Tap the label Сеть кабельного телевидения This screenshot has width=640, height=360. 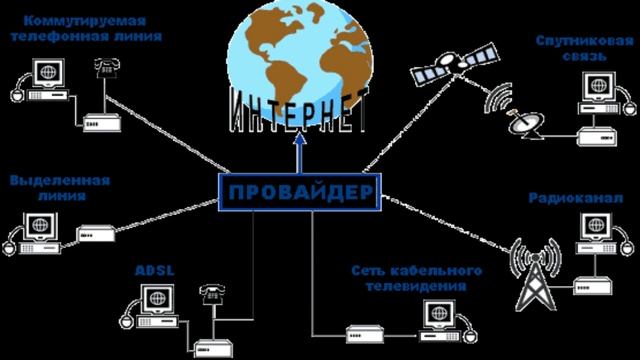pyautogui.click(x=417, y=277)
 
